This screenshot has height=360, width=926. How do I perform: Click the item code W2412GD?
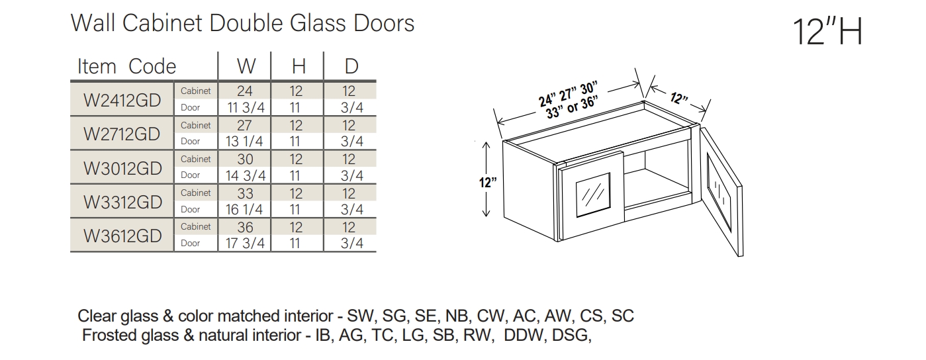point(122,100)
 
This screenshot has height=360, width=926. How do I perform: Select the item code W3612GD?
point(122,236)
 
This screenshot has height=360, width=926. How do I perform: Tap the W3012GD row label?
point(122,168)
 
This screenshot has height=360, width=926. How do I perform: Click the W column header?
point(246,66)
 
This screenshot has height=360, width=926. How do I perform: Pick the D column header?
point(351,66)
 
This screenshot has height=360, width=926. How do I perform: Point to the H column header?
point(299,66)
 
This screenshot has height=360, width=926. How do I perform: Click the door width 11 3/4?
point(246,108)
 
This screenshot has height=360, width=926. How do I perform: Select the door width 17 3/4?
point(245,244)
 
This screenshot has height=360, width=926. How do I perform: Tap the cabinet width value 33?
point(245,193)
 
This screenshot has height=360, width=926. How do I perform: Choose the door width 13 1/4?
point(244,142)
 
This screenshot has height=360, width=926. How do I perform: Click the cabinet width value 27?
point(244,125)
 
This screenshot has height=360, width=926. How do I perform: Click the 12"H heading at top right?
point(827,32)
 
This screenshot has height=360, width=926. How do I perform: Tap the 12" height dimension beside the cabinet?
point(488,182)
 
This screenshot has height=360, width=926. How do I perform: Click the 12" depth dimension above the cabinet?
point(679,99)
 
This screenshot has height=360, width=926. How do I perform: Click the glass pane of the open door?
point(719,192)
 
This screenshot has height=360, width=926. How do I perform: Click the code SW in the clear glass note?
point(360,316)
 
